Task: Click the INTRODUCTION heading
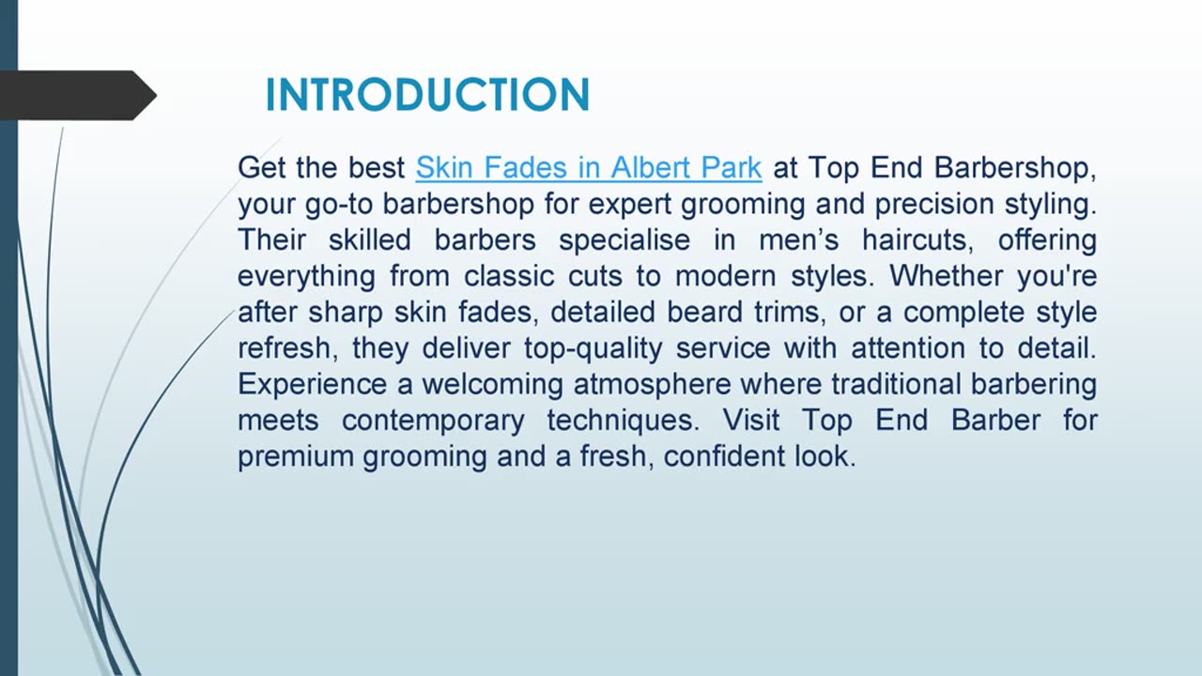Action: pos(427,96)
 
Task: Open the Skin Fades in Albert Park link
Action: pos(588,168)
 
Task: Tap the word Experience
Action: pos(312,385)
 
